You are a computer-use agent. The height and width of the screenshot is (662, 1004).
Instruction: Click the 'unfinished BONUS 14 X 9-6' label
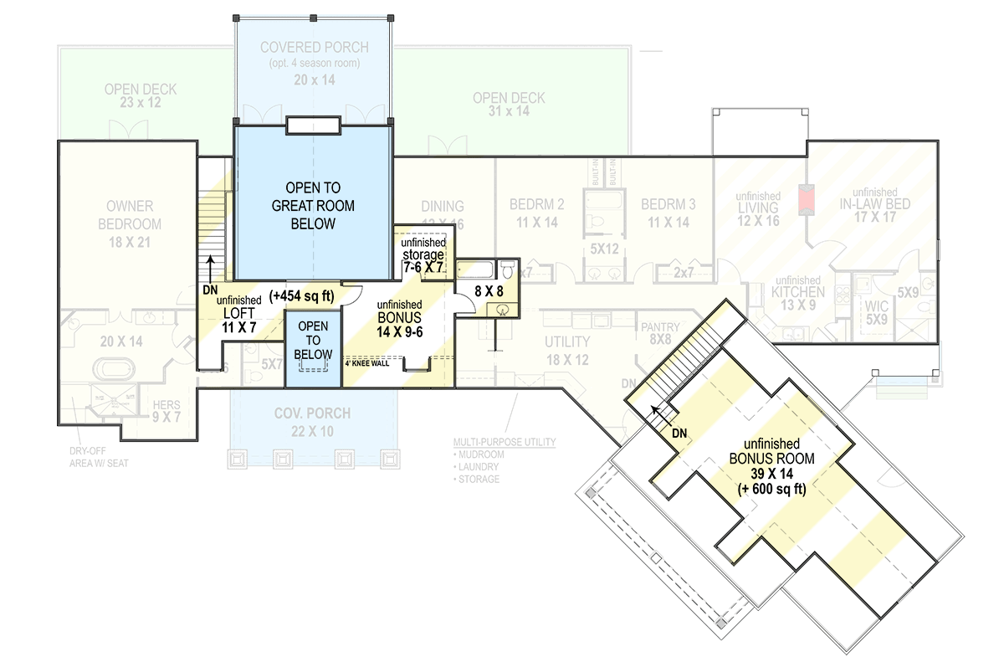399,318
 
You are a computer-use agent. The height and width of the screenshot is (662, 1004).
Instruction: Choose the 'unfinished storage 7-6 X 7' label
423,254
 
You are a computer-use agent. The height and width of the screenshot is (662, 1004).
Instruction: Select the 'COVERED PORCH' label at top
313,47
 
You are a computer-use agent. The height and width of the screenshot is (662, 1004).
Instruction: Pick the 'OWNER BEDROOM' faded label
129,214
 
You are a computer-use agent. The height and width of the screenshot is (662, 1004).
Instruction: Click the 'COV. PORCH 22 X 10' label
312,422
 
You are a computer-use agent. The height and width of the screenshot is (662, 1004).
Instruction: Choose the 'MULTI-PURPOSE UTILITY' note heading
504,441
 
